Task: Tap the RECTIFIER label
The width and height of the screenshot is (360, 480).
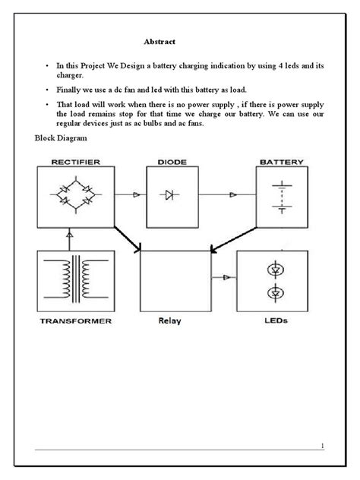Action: pos(74,162)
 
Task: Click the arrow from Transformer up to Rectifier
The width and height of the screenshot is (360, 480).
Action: pos(71,236)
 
